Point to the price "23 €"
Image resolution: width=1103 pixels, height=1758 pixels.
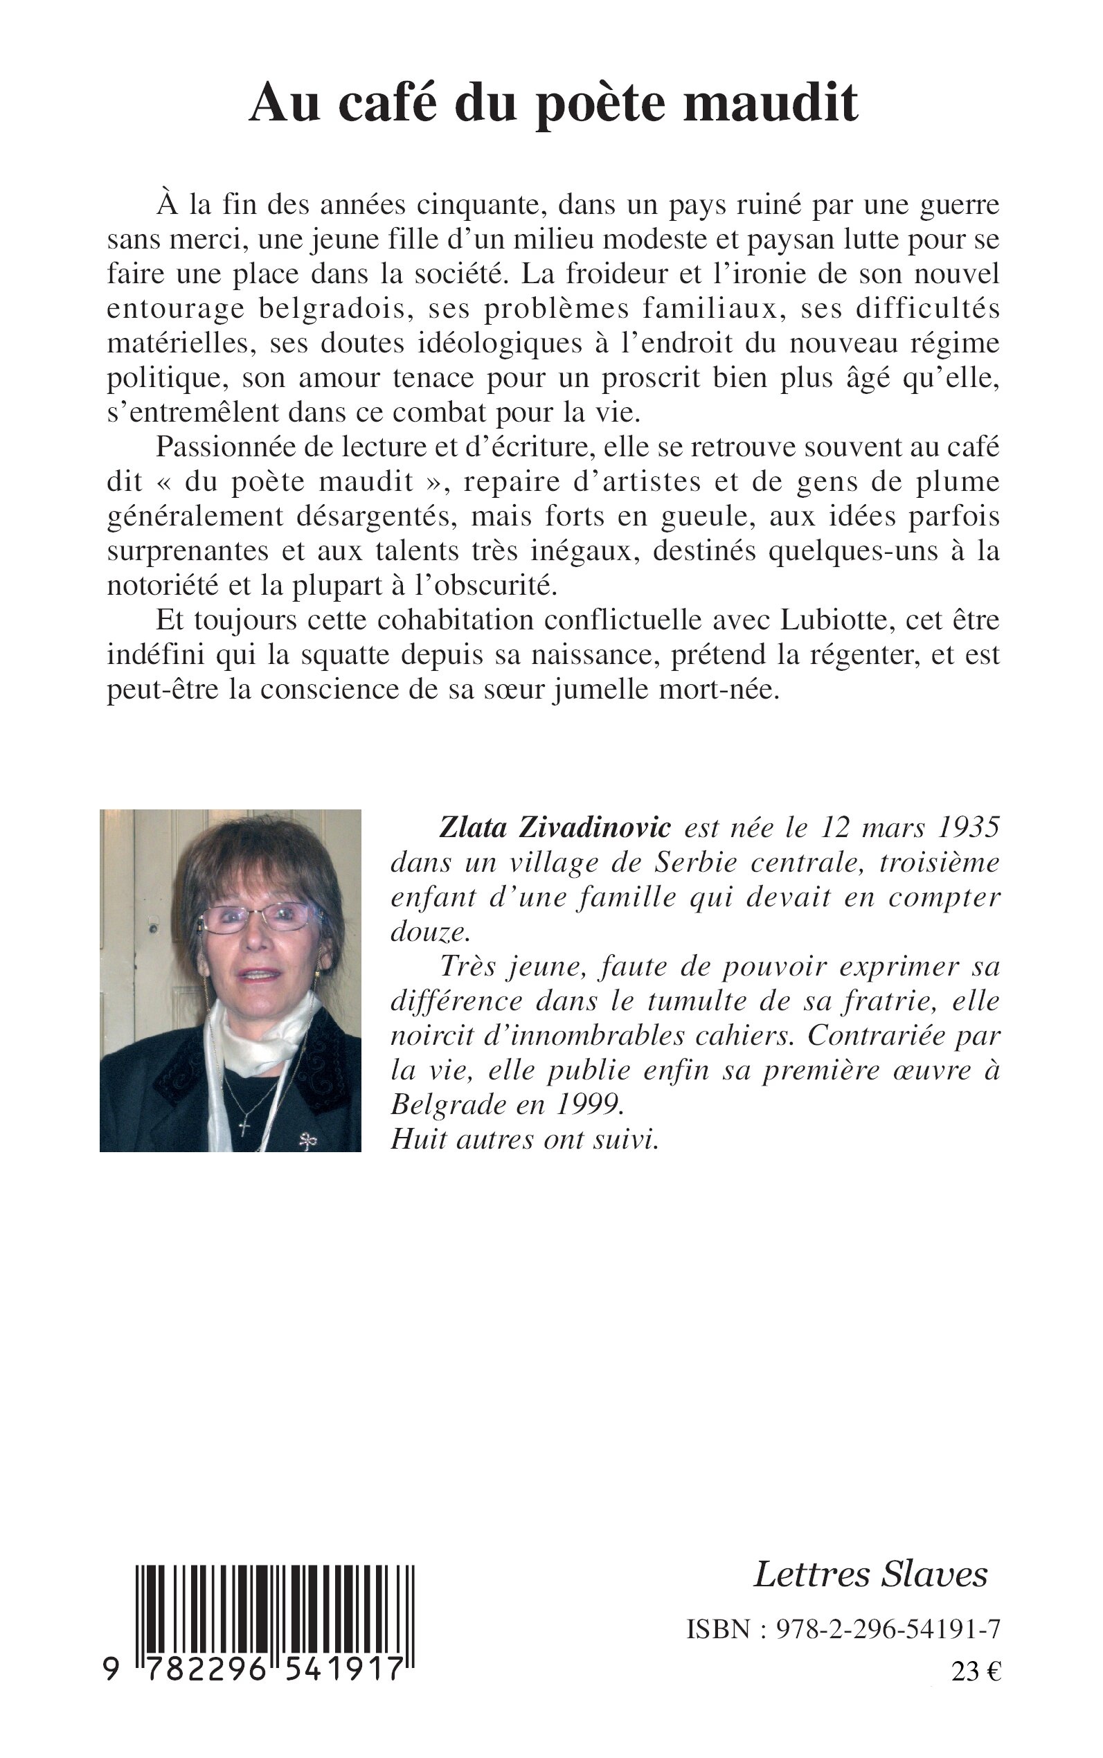coord(976,1671)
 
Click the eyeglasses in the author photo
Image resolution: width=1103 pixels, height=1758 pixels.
coord(255,916)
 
